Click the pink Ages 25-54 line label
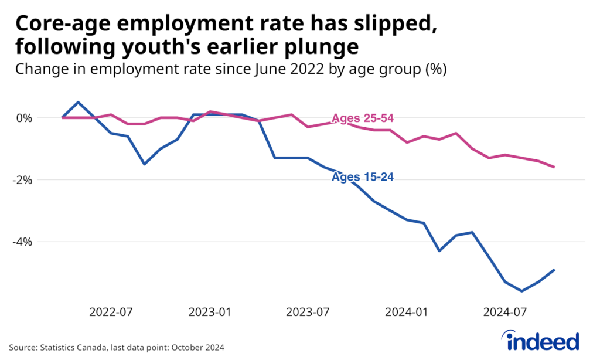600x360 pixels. click(362, 118)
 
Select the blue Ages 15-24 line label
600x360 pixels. click(362, 177)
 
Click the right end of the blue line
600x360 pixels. click(554, 270)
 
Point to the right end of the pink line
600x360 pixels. click(554, 167)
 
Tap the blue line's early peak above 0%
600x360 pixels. click(79, 102)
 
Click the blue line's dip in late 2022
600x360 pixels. click(145, 164)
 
